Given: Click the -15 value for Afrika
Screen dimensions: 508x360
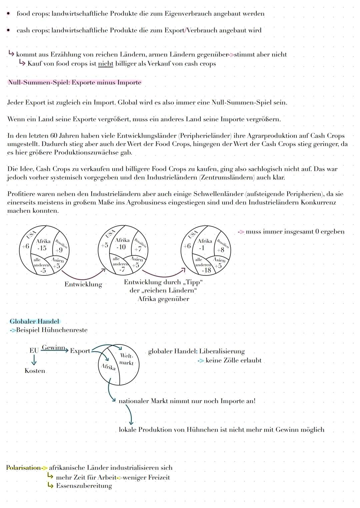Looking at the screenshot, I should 42,248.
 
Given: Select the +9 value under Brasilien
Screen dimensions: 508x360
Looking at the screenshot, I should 59,250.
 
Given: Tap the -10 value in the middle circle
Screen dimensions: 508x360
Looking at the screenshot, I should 121,247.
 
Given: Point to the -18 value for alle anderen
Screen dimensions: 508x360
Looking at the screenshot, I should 206,270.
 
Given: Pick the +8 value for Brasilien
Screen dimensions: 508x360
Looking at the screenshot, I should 221,250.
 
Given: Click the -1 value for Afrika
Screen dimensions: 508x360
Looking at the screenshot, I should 202,248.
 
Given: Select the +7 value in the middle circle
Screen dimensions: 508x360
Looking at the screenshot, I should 138,249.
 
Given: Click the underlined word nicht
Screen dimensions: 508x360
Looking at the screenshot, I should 105,64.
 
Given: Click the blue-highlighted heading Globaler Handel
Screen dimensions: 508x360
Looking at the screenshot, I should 34,321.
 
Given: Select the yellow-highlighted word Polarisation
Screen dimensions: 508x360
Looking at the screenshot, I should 23,468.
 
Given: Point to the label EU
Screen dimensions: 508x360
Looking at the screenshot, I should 34,351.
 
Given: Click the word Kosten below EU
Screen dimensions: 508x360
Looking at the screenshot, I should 35,371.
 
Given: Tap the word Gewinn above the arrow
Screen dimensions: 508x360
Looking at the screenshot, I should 53,348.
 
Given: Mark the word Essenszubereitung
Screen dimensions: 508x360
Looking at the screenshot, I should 84,486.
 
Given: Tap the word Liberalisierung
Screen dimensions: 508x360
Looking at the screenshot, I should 222,351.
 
